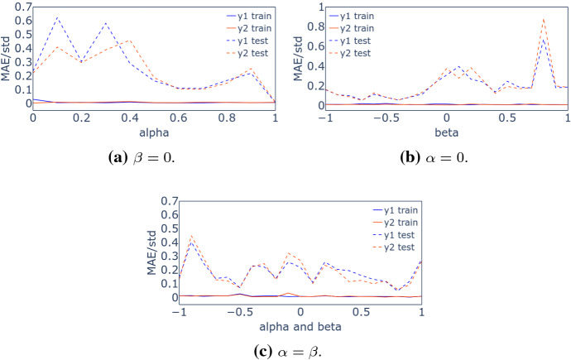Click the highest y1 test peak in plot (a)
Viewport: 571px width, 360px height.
(x=57, y=17)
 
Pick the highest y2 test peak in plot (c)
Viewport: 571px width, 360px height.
(x=191, y=236)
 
